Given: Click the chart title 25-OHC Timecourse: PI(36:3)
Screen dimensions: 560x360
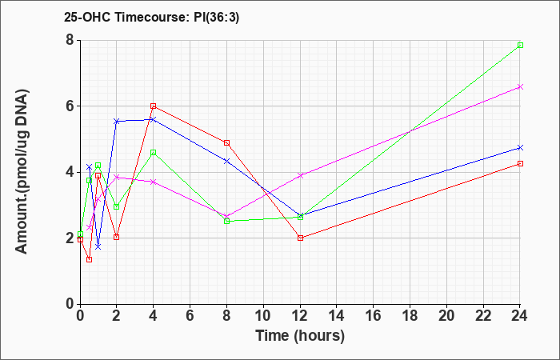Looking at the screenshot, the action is (151, 17).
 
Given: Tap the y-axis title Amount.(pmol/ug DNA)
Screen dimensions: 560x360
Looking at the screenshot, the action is (22, 172).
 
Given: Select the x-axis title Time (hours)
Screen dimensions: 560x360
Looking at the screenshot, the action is (300, 336).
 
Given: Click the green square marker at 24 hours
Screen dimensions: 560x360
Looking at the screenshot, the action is (520, 45).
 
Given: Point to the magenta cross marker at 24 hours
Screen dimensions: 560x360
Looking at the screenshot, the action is (520, 86).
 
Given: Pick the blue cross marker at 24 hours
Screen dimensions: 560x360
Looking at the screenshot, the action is (520, 147).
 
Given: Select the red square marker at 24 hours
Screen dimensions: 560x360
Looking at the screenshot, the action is (520, 163).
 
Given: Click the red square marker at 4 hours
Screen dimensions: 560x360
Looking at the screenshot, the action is (154, 106).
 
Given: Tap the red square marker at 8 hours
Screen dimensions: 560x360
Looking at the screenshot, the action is (226, 143).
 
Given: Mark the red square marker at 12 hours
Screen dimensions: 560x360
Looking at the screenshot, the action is (300, 238).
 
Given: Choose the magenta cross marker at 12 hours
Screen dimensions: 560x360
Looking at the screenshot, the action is (300, 175).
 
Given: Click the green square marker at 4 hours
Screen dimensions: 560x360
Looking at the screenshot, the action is (154, 153).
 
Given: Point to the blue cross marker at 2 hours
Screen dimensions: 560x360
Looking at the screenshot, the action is (117, 122).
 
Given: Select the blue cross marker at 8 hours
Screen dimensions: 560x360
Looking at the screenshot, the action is (226, 162).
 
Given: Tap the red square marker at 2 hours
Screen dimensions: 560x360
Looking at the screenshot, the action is (117, 237).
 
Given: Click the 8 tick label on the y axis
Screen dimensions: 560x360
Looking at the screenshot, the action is (70, 40).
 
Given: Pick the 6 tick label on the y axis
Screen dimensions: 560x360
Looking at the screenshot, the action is (70, 106).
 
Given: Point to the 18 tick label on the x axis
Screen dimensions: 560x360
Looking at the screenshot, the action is (410, 316).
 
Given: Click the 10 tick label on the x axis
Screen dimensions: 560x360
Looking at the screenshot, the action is (263, 316).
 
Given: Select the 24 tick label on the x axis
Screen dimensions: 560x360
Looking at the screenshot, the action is (519, 316).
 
